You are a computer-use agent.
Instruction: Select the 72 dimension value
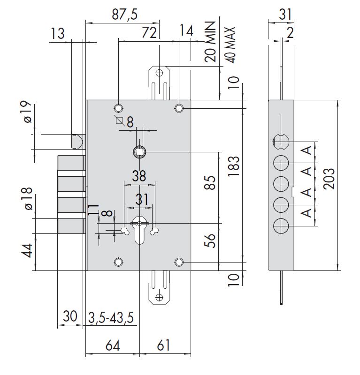149,33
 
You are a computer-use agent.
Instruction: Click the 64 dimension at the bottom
113,346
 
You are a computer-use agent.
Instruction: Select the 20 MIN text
211,41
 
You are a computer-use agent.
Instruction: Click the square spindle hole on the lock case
140,151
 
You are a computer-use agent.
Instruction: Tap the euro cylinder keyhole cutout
140,230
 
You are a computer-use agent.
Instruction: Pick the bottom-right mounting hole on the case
179,262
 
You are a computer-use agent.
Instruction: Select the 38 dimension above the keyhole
139,176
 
